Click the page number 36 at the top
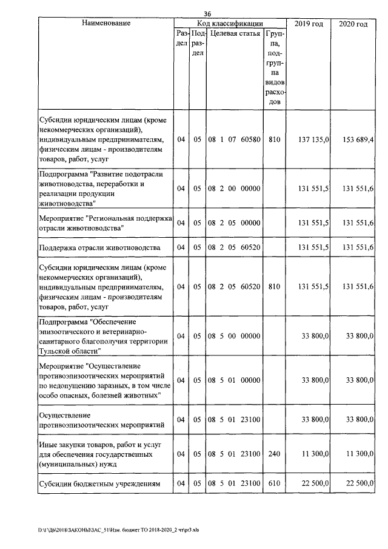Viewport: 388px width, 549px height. [x=207, y=13]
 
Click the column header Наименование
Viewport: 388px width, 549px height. [x=106, y=23]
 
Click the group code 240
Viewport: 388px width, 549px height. [x=275, y=454]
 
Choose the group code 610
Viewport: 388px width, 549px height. [x=275, y=483]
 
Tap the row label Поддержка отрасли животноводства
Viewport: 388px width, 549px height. [x=99, y=248]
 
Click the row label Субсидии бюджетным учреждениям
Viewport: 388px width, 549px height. [x=99, y=483]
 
